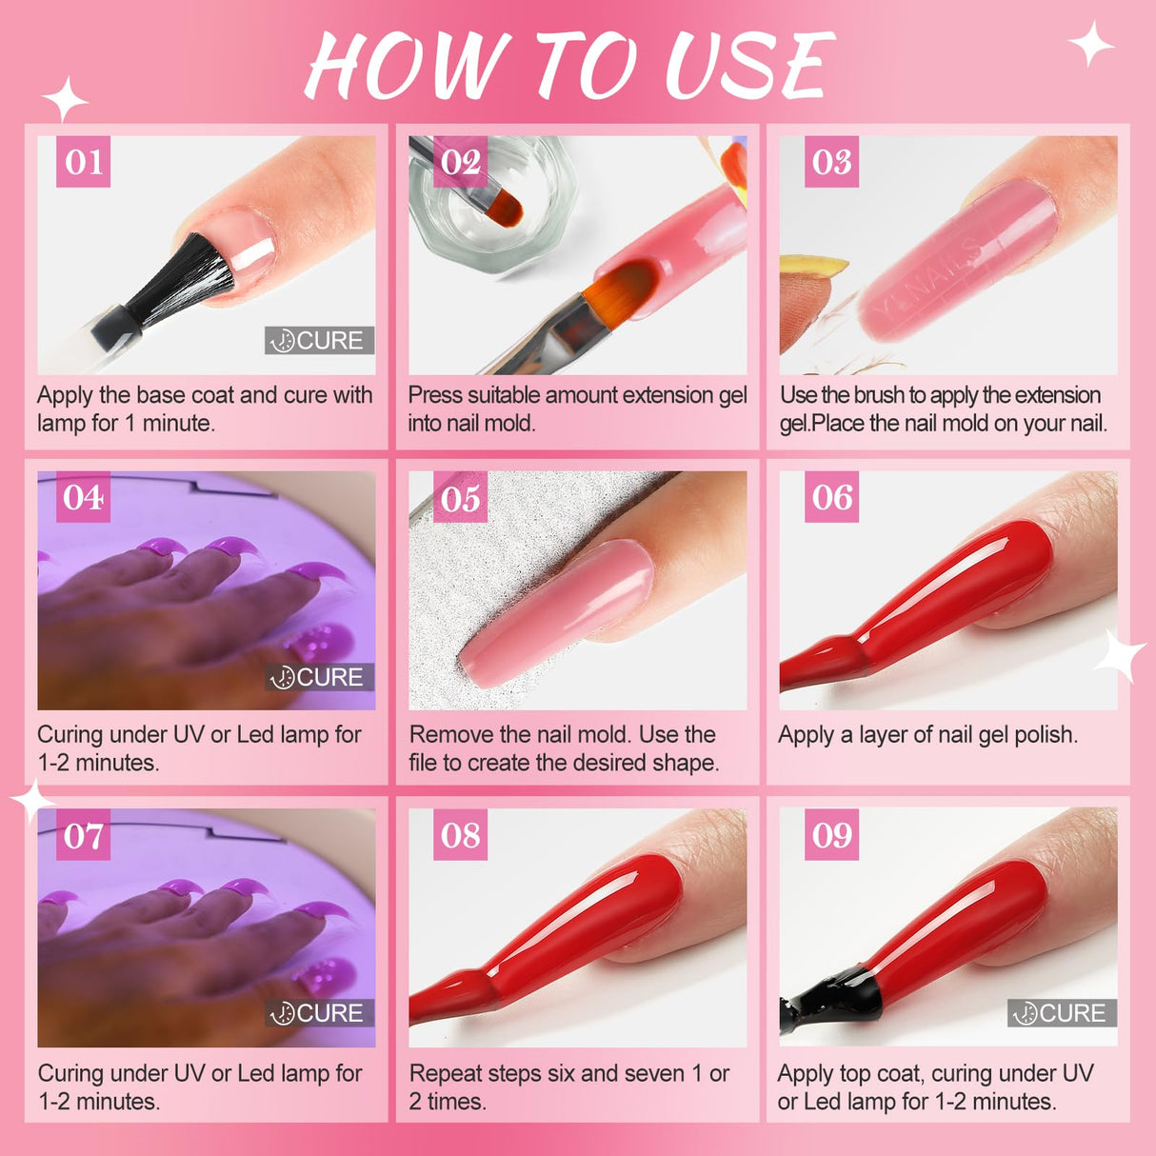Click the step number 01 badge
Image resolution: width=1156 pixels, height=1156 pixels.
[84, 161]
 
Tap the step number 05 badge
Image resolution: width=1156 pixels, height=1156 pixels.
[460, 497]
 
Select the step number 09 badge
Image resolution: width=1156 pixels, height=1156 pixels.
[831, 834]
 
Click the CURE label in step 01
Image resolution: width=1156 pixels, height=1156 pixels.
[319, 340]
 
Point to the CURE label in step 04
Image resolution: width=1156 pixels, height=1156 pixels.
[319, 677]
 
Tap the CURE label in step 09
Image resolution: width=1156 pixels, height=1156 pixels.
[1062, 1012]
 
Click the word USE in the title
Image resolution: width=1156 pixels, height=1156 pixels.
[749, 65]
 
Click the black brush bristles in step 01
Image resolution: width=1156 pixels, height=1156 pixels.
[183, 277]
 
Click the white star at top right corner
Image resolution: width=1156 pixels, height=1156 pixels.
[1091, 43]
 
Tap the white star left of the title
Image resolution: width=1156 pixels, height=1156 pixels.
[65, 99]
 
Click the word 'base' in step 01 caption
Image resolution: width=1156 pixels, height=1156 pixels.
[160, 395]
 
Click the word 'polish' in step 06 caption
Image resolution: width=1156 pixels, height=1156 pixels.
[1045, 735]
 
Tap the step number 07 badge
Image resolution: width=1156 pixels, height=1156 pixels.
[84, 834]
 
